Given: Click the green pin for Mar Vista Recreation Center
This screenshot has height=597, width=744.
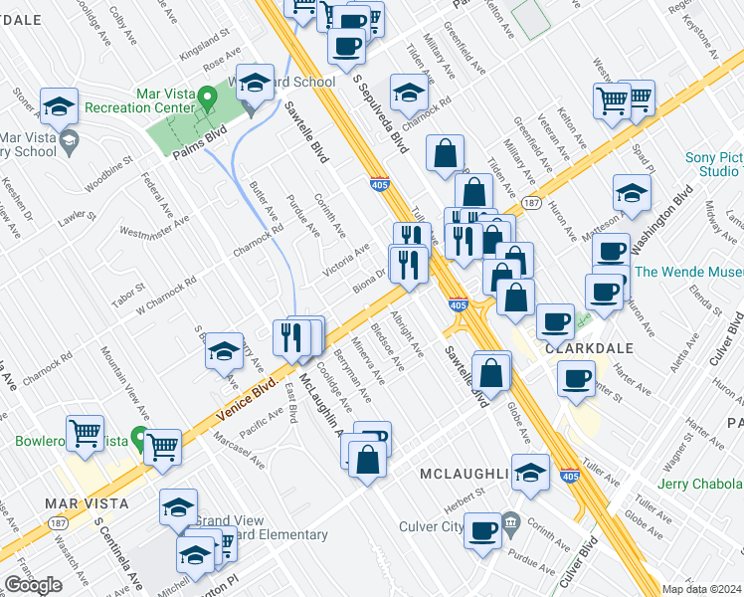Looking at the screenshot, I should coord(207,99).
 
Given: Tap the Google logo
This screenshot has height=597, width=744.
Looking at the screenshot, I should coord(33,585).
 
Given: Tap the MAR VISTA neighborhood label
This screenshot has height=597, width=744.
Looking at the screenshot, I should coord(87,503).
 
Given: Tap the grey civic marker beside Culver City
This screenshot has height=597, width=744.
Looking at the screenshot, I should coord(509,521).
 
